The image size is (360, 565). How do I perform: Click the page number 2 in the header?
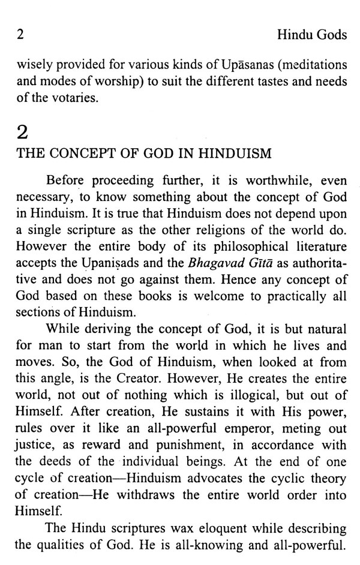click(20, 35)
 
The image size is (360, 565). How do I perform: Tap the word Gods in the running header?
click(332, 35)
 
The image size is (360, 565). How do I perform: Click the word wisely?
click(30, 63)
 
